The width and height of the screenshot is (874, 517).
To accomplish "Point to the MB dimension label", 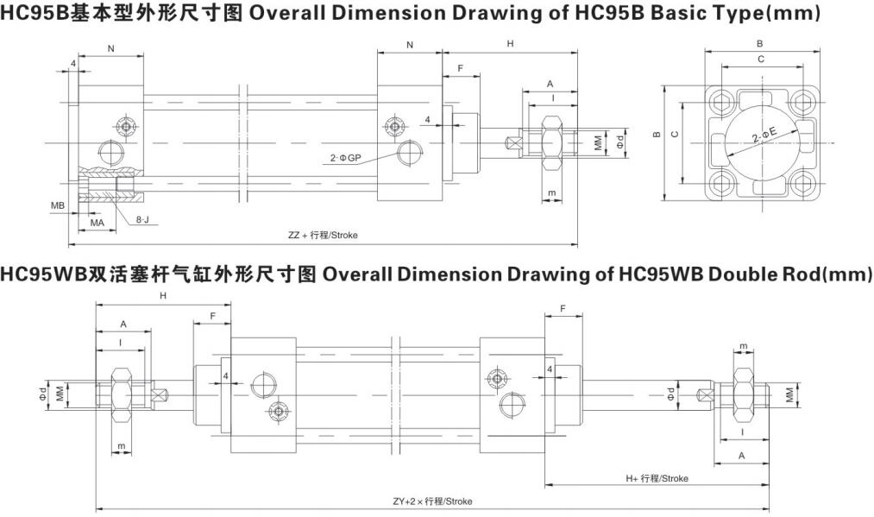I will (58, 205).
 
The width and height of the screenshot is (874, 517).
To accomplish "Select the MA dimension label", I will (97, 223).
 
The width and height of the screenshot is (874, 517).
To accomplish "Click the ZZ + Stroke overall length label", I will (323, 235).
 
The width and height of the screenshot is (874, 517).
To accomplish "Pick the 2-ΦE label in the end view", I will (764, 135).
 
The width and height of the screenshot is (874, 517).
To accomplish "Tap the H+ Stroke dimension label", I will (657, 478).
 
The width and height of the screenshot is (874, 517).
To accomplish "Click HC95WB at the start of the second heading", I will (41, 274).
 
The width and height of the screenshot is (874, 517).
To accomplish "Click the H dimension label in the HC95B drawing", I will (510, 43).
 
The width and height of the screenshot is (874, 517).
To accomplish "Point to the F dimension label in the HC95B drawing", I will (461, 68).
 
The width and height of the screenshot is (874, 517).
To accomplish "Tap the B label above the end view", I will (759, 43).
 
